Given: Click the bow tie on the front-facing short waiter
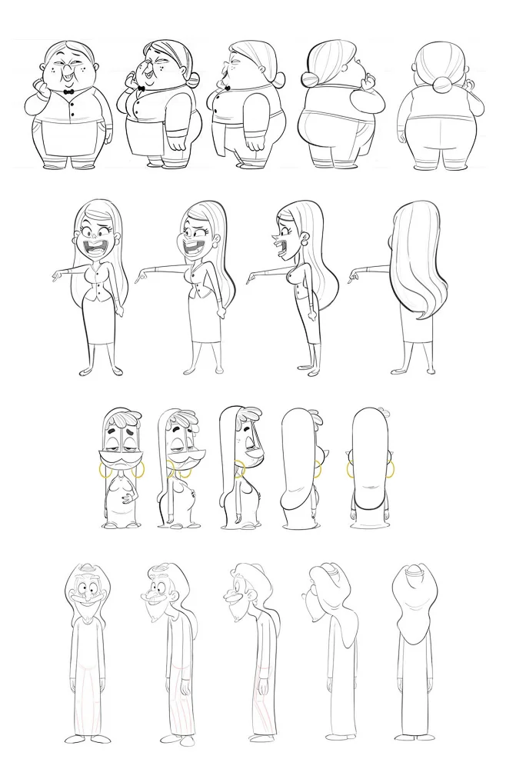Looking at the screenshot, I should tap(69, 91).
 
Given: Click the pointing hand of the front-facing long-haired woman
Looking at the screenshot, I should tap(58, 275).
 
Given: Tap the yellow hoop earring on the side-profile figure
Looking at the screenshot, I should tap(239, 468).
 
